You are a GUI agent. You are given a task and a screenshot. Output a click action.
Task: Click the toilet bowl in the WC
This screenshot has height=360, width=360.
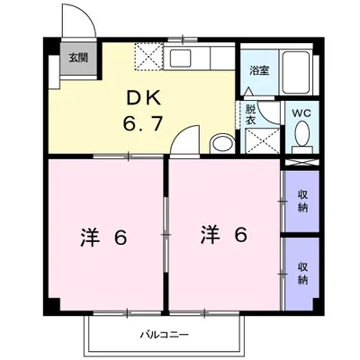click(x=301, y=136)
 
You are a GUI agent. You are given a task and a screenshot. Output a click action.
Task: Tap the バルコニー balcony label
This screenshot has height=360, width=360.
click(x=164, y=335)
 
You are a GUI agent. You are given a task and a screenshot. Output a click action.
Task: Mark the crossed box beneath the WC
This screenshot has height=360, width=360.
click(x=301, y=162)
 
